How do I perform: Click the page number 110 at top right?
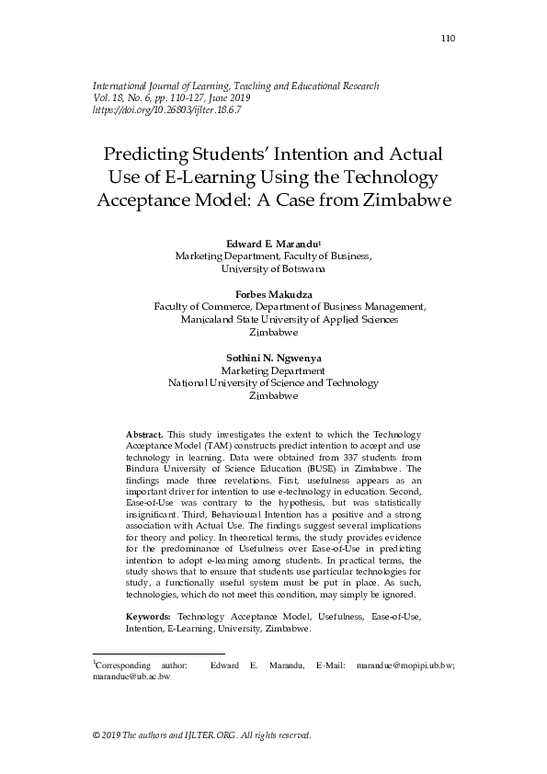click(449, 38)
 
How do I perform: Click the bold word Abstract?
click(143, 433)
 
